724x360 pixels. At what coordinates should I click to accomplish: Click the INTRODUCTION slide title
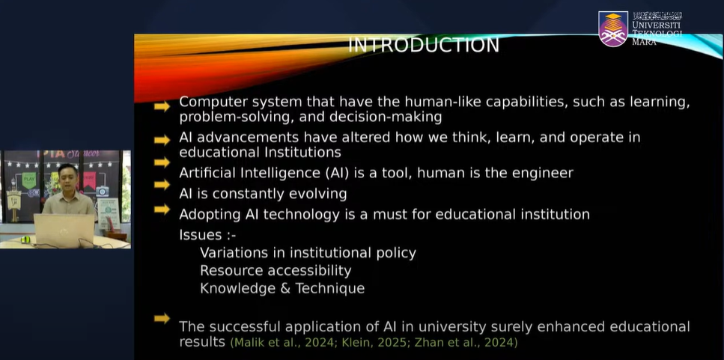424,45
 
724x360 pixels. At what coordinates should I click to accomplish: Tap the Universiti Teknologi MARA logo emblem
613,28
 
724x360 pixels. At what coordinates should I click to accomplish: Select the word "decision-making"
386,118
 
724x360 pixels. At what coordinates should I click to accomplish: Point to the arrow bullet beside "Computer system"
162,106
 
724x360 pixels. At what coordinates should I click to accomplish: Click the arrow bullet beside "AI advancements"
162,140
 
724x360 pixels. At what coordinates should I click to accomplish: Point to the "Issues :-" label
207,235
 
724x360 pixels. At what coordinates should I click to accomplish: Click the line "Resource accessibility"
276,270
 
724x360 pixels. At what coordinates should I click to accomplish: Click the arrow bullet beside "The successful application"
162,318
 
